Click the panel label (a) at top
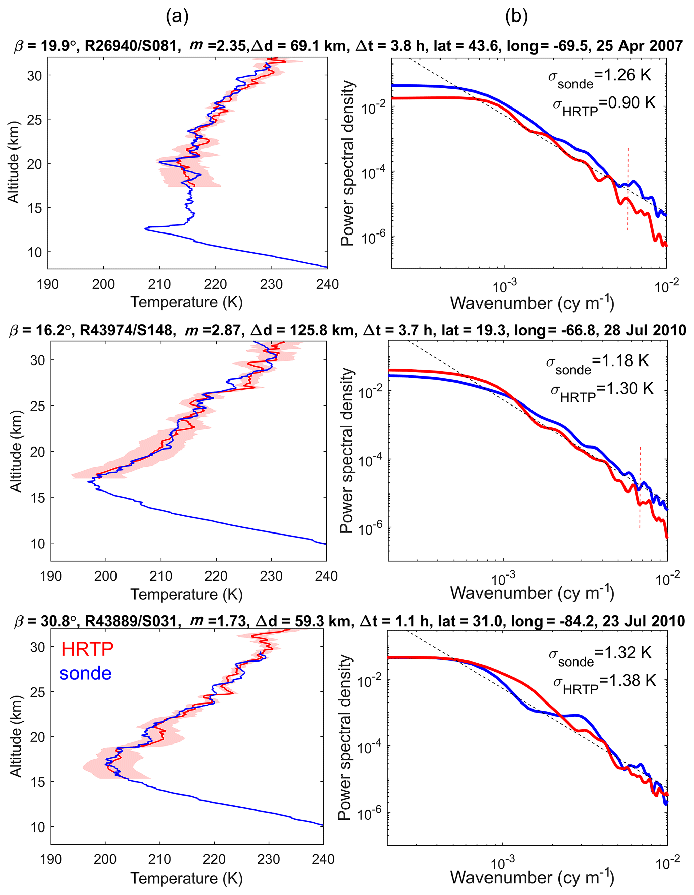tap(177, 16)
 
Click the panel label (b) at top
tap(516, 16)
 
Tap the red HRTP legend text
tap(87, 649)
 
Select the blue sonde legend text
tap(86, 673)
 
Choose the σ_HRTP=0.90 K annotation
tap(604, 105)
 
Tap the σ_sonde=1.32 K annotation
tap(600, 656)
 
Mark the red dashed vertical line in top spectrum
tap(627, 188)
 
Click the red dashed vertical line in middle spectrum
tap(640, 488)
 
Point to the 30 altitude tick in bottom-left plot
tap(38, 647)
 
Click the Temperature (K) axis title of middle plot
tap(187, 594)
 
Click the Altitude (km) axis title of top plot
tap(14, 162)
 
